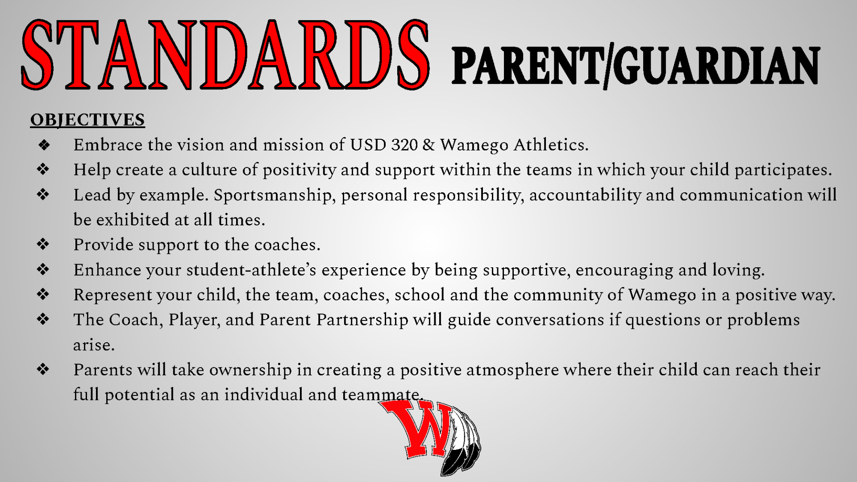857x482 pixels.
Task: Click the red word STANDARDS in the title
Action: coord(225,54)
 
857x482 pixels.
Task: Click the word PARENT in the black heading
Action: coord(527,66)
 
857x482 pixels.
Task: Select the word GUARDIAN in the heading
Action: coord(716,66)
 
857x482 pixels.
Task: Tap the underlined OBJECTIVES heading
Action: coord(87,120)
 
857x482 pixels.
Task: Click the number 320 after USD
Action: coord(404,145)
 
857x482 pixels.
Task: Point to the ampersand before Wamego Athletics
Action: coord(428,145)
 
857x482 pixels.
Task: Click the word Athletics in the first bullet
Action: coord(551,145)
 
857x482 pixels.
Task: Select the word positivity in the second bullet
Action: coord(299,170)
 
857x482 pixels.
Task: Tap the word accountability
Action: coord(585,195)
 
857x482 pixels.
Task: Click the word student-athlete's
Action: coord(251,270)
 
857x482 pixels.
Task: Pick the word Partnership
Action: coord(362,320)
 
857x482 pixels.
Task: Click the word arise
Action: coord(94,345)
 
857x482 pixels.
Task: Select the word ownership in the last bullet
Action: coord(250,370)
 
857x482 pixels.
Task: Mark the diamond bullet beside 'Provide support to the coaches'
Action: coord(43,244)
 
